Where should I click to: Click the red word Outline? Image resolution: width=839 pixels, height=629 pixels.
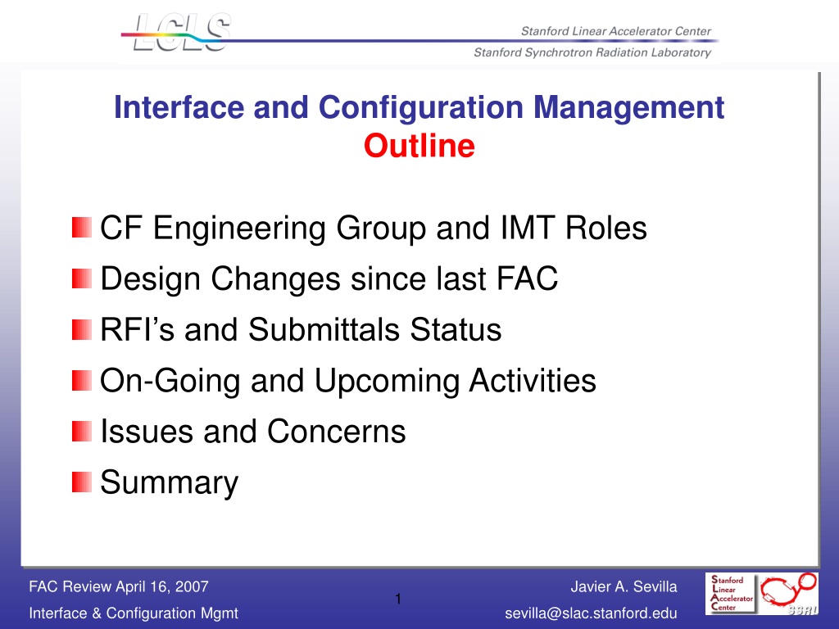[419, 146]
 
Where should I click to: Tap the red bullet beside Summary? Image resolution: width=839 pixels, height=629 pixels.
[82, 482]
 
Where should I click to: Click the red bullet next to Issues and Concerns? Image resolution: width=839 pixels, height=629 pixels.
[82, 431]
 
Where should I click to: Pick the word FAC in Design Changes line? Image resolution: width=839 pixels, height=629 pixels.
[527, 278]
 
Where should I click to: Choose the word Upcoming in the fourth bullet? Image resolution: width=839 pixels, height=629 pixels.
[387, 382]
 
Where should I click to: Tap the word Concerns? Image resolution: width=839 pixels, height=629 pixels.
[337, 432]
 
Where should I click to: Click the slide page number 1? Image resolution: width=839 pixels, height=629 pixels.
[398, 599]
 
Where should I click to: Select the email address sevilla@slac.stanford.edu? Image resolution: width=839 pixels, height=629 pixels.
[592, 613]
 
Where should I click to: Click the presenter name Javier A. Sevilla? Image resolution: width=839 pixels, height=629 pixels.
[624, 586]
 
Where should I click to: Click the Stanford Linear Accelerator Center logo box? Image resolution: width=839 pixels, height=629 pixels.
[730, 594]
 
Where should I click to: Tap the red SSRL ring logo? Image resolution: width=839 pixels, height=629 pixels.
[789, 593]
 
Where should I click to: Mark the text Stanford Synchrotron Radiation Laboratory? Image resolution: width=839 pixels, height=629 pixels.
[592, 52]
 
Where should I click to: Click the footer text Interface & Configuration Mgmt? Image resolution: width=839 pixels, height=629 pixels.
[134, 613]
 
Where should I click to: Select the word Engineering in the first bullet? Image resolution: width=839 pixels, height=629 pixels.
[239, 229]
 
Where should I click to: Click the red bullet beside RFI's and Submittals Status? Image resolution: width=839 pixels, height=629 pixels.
[82, 329]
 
